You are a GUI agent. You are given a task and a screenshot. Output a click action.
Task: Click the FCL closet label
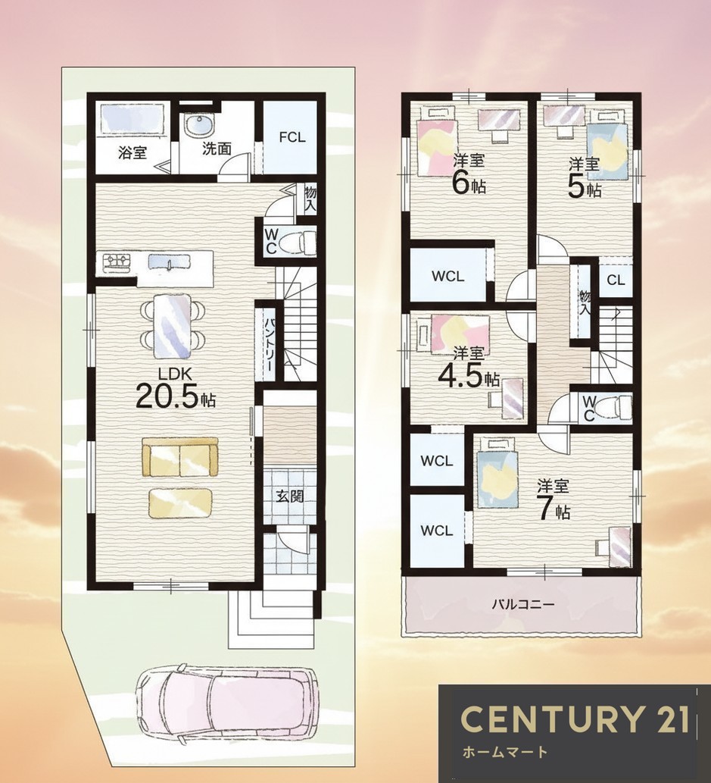(x=292, y=137)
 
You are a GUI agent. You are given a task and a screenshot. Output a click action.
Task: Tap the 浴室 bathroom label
(x=133, y=153)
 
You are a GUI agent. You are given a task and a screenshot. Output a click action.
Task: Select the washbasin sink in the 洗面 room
(x=199, y=125)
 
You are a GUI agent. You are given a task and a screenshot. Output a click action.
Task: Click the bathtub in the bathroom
(x=133, y=118)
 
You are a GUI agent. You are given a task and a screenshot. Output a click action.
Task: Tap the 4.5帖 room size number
(x=468, y=378)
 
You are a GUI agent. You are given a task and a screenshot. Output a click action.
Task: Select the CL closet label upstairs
(x=616, y=280)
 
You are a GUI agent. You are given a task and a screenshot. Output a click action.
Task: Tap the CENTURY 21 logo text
(x=575, y=719)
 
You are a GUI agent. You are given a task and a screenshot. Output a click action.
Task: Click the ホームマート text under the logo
(x=505, y=751)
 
